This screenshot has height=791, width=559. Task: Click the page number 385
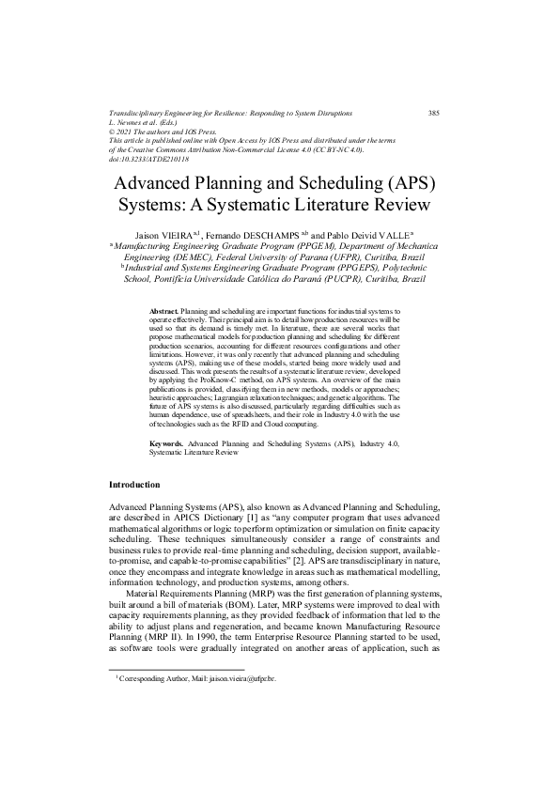[433, 113]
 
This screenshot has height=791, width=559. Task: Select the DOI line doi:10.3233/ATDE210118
[149, 159]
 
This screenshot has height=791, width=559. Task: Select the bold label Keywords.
[167, 442]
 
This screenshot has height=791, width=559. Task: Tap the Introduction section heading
[135, 485]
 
